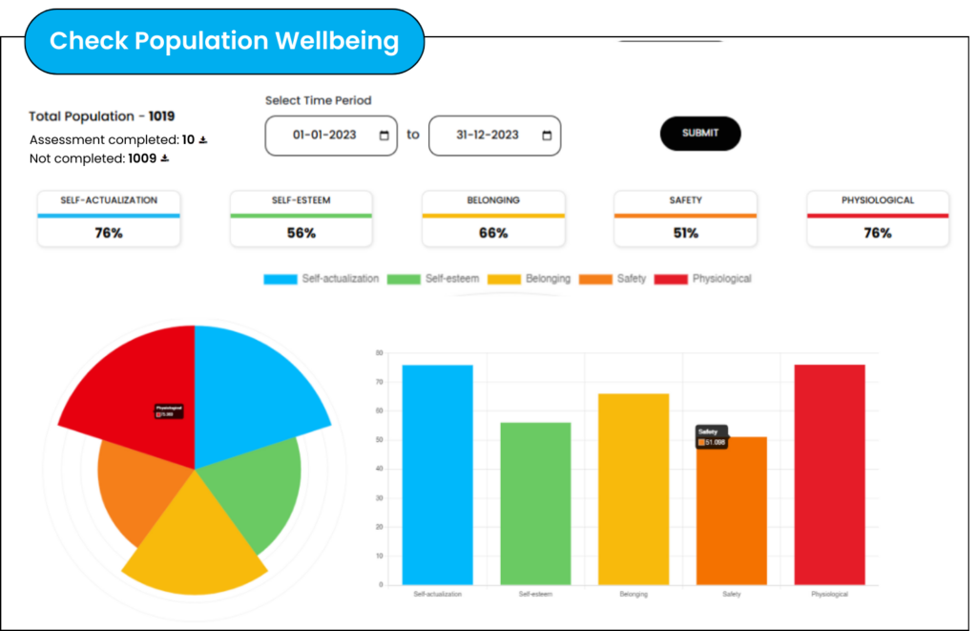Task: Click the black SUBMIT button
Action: pyautogui.click(x=700, y=134)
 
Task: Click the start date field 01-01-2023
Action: pyautogui.click(x=330, y=135)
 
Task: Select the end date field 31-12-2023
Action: pyautogui.click(x=494, y=135)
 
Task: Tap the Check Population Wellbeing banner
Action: pyautogui.click(x=224, y=41)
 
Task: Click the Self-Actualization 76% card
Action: pyautogui.click(x=109, y=219)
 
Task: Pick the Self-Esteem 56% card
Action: pyautogui.click(x=301, y=219)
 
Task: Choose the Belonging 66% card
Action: pyautogui.click(x=493, y=219)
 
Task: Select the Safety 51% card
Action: pyautogui.click(x=685, y=219)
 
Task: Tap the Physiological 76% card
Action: pyautogui.click(x=878, y=219)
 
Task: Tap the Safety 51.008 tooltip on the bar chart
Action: pyautogui.click(x=712, y=437)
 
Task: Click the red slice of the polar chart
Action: pyautogui.click(x=134, y=382)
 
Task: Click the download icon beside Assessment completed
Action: pyautogui.click(x=203, y=140)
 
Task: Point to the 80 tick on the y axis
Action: pyautogui.click(x=380, y=353)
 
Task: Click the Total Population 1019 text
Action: pyautogui.click(x=102, y=116)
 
